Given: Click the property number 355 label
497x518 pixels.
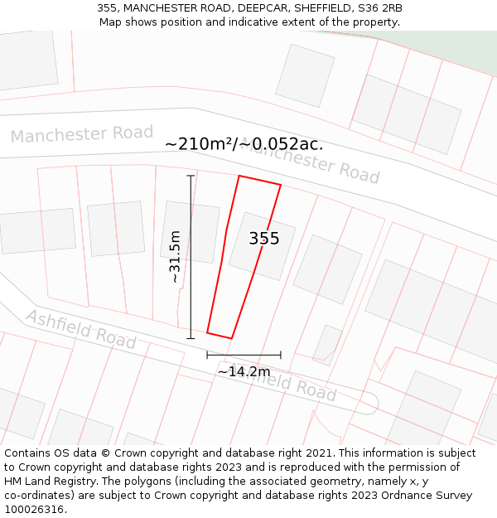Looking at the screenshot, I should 264,239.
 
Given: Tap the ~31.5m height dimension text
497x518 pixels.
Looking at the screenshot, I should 175,257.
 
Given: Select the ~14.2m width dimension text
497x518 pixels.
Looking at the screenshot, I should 244,372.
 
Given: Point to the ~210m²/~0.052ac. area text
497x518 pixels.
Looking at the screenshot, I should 244,144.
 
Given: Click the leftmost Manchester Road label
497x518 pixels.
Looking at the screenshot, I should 82,134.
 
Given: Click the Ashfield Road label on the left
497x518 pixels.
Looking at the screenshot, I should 80,328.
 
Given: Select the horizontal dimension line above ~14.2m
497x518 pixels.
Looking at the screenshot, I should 244,355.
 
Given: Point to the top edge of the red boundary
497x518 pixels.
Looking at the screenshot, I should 260,181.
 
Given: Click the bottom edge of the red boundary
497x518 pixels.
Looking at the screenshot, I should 220,336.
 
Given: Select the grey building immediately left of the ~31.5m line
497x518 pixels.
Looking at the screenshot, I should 190,231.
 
